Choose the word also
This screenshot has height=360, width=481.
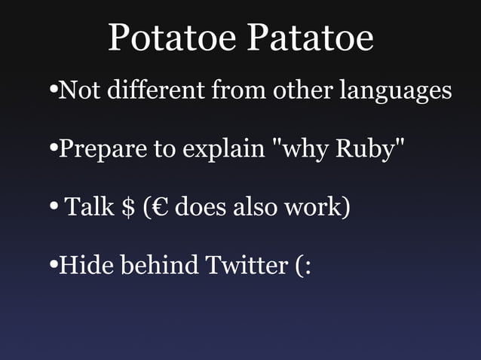tap(255, 206)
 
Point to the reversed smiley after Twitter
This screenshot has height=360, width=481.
tap(302, 265)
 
